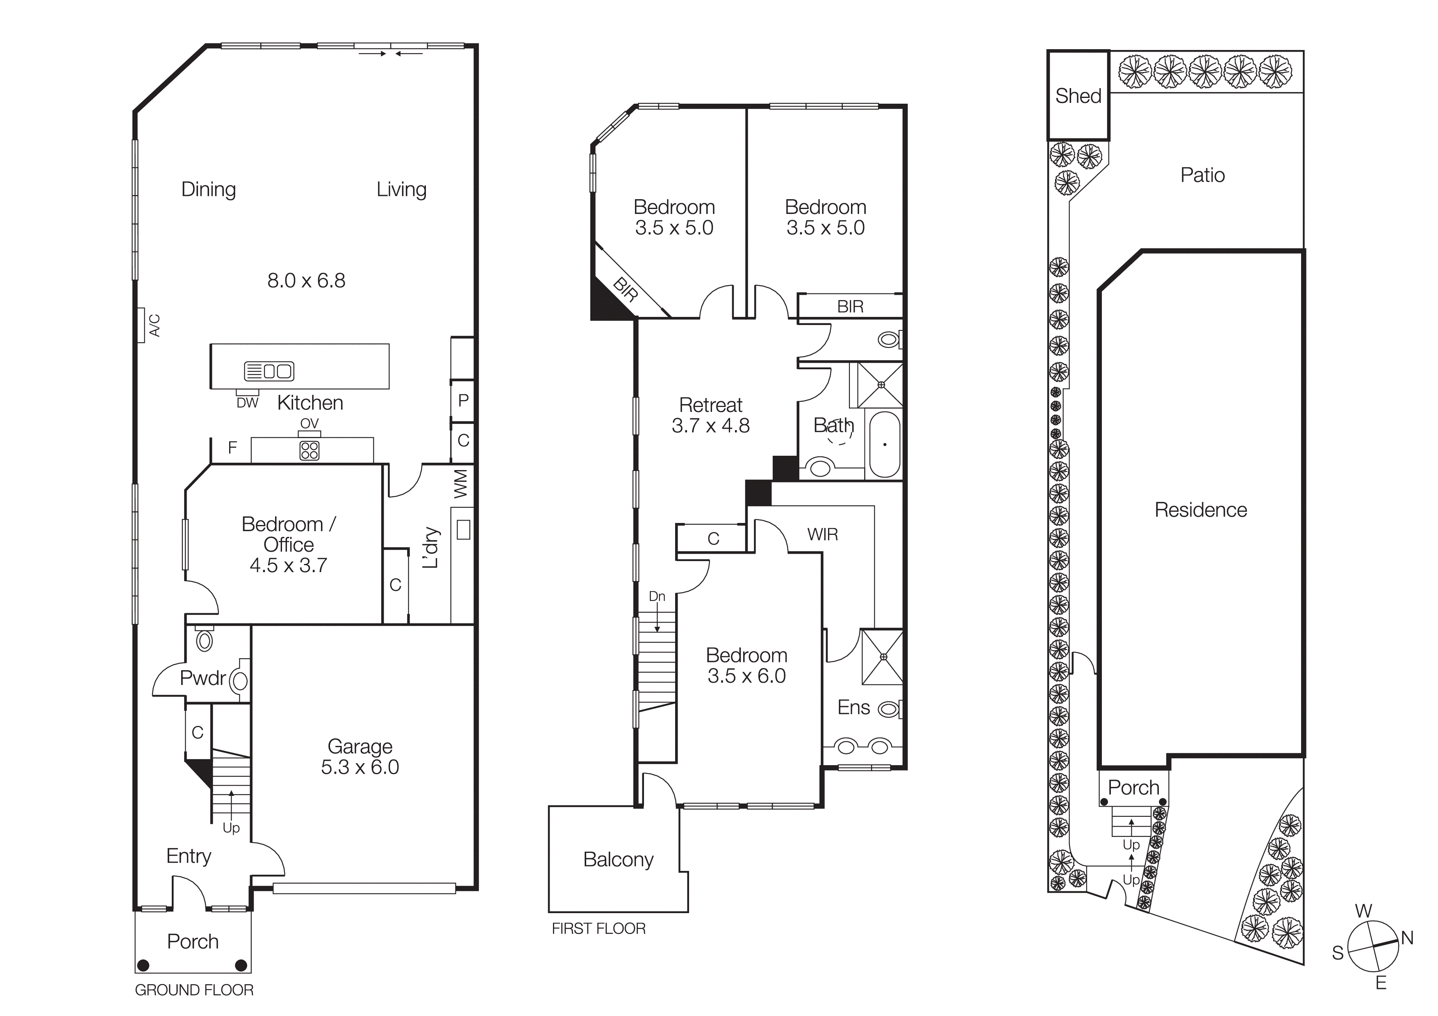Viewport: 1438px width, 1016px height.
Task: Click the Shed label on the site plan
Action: pos(1077,96)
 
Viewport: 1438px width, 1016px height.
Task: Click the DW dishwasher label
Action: pos(248,403)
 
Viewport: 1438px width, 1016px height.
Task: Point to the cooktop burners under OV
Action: pos(309,450)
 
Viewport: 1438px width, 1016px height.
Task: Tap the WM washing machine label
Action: pos(462,484)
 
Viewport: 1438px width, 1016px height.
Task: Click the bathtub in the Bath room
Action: pos(884,444)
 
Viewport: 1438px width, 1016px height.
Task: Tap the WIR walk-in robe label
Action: pos(822,534)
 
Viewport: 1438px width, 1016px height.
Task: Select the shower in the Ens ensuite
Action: pos(883,657)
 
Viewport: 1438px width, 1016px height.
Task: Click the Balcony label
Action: pos(618,859)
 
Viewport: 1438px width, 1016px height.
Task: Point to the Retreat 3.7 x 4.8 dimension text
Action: pos(710,426)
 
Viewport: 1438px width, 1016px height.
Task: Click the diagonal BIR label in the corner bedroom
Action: pos(625,290)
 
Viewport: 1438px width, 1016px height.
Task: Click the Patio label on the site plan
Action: pos(1202,175)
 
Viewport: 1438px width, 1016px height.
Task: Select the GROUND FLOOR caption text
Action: pos(194,990)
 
